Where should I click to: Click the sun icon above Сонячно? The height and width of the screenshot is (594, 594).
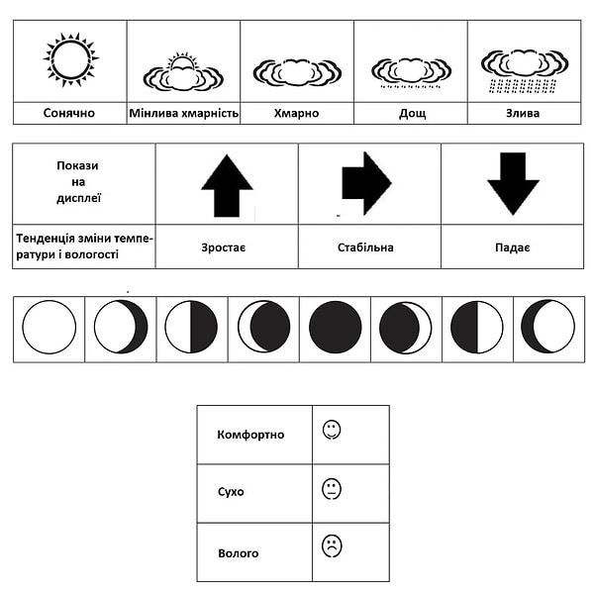point(70,59)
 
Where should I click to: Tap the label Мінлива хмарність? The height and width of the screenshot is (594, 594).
point(184,113)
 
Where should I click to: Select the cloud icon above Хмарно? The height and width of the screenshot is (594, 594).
point(297,71)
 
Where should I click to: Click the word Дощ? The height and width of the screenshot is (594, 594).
point(412,113)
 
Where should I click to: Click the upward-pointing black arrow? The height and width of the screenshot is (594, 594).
point(227,185)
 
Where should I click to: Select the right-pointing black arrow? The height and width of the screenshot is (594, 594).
point(366,183)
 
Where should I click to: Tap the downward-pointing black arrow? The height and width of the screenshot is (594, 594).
point(513,183)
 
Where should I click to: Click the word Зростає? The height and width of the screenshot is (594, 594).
point(227,247)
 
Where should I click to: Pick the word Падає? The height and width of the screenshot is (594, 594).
point(513,247)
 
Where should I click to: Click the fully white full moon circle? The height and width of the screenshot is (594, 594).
point(49,327)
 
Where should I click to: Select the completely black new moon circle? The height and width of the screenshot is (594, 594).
point(335,327)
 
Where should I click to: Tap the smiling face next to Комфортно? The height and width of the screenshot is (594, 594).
point(332,430)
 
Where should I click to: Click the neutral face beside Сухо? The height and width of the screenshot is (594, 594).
point(332,489)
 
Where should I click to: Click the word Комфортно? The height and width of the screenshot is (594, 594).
point(250,434)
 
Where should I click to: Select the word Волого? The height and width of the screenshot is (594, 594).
point(238,552)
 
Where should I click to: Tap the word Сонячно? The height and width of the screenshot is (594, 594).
point(69,113)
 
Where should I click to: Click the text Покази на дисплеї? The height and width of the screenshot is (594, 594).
point(78,181)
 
